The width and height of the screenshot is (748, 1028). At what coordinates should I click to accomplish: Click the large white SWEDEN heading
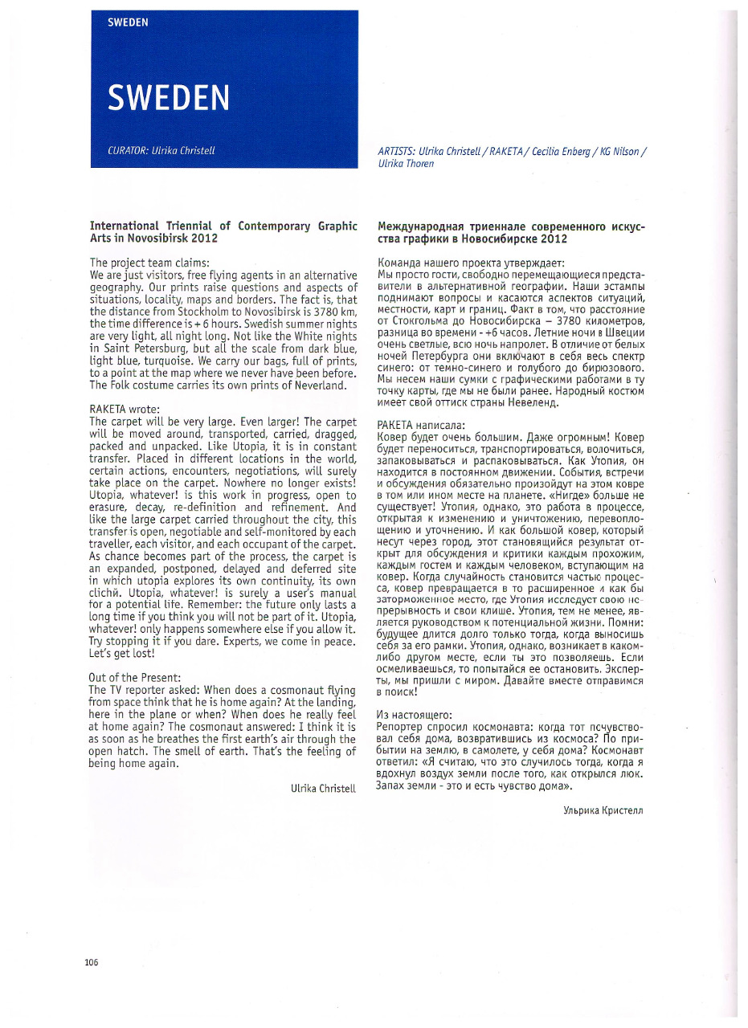[168, 98]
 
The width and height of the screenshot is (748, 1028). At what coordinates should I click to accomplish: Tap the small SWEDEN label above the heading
[128, 22]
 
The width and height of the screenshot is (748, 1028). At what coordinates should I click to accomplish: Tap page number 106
[91, 963]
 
